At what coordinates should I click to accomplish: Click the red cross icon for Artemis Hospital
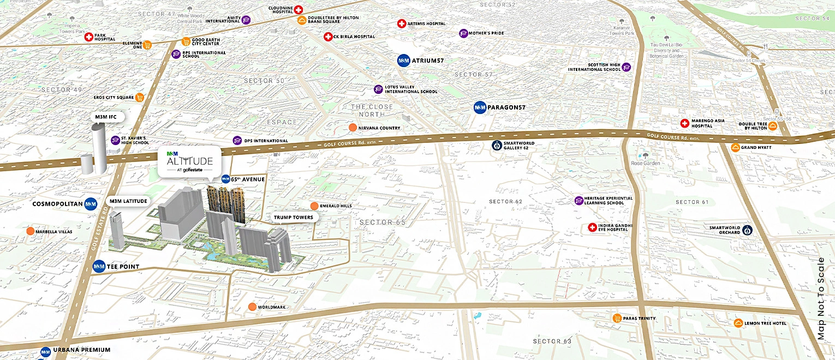tap(402, 23)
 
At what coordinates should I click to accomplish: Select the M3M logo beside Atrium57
tap(403, 61)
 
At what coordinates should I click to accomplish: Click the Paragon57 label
tap(506, 107)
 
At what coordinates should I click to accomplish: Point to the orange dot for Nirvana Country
tap(353, 128)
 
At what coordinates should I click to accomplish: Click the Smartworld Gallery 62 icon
tap(496, 145)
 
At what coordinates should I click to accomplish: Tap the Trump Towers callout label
tap(294, 217)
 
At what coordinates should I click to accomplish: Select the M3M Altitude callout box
tap(189, 160)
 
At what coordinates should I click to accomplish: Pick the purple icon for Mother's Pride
tap(463, 33)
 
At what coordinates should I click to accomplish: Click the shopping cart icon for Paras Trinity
tap(617, 319)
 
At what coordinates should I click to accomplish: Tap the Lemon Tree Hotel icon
tap(738, 323)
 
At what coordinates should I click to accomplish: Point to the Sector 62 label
tap(505, 202)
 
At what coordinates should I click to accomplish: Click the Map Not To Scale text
tap(821, 299)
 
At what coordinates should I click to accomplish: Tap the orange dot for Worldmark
tap(252, 307)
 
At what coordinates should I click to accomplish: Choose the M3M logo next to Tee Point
tap(99, 267)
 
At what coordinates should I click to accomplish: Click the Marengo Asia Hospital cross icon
tap(684, 123)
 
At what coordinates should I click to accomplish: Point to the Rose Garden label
tap(646, 163)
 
